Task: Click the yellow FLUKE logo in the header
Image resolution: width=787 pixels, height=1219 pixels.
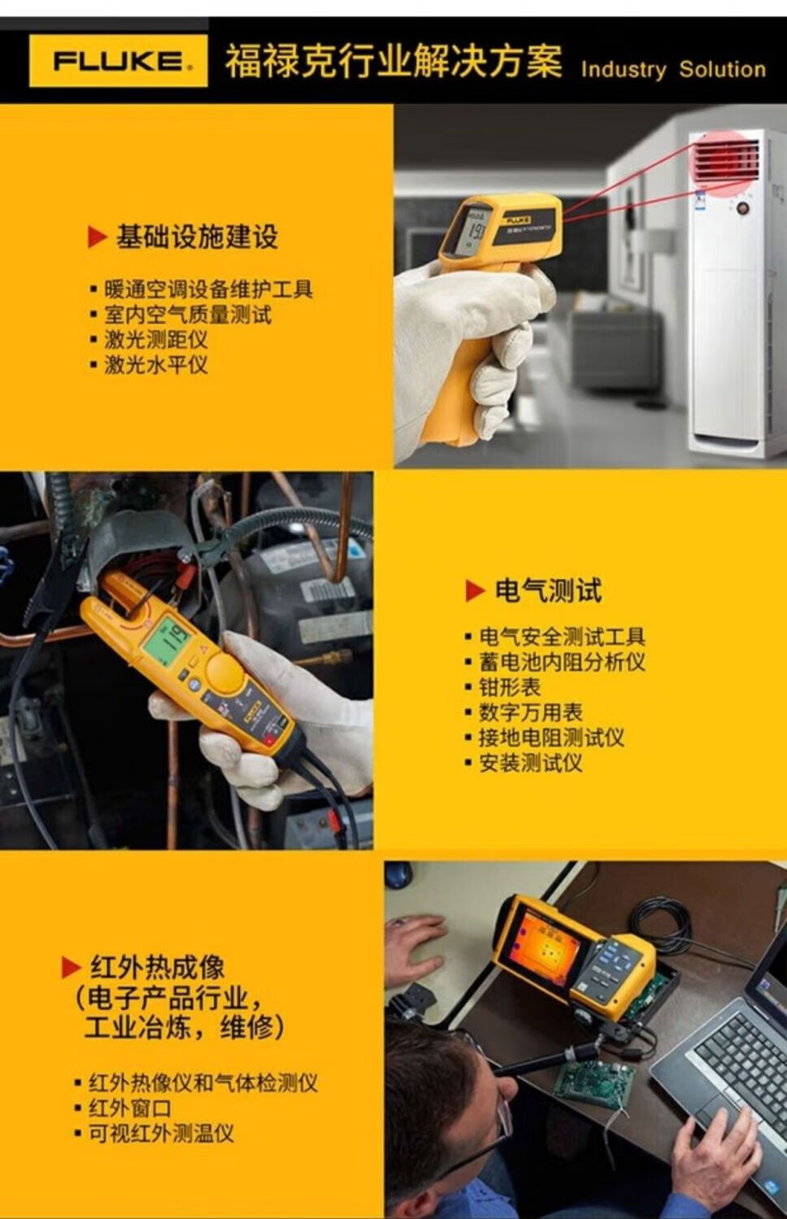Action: click(119, 60)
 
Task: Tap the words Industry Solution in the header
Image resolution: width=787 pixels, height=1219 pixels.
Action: click(673, 70)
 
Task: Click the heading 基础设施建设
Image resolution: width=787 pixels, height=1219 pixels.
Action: click(197, 237)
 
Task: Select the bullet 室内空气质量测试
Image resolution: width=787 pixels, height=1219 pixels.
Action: click(188, 315)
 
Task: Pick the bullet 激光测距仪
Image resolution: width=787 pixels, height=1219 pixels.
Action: click(156, 340)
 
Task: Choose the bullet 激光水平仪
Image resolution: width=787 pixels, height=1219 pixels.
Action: click(156, 364)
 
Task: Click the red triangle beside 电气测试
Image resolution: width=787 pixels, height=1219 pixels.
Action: click(475, 590)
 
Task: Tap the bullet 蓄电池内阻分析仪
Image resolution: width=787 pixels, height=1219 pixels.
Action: click(562, 662)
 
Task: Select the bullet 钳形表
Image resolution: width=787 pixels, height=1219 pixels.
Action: click(510, 687)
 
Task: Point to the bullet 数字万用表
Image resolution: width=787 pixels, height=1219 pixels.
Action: click(530, 712)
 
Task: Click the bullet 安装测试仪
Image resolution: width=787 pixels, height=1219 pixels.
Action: click(530, 763)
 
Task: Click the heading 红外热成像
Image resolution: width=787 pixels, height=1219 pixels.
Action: click(157, 967)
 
